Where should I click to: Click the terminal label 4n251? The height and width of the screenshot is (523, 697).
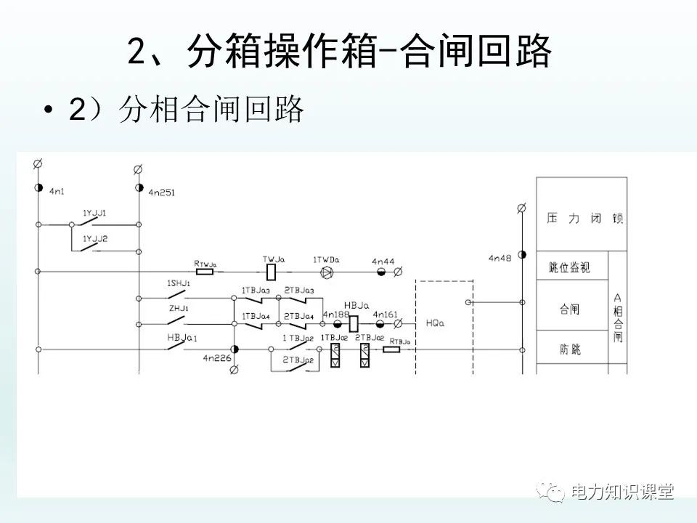pyautogui.click(x=161, y=193)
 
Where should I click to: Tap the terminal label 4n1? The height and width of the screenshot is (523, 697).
pyautogui.click(x=57, y=192)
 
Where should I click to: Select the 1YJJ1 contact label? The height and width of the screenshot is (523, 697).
pyautogui.click(x=94, y=213)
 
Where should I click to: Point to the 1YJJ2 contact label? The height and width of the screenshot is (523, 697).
pyautogui.click(x=94, y=239)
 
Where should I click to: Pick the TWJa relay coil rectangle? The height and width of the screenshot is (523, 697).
pyautogui.click(x=272, y=272)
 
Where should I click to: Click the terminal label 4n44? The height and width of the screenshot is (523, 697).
pyautogui.click(x=383, y=261)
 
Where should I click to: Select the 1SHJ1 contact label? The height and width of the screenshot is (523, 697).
pyautogui.click(x=179, y=283)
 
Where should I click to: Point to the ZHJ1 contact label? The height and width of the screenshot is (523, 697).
pyautogui.click(x=178, y=309)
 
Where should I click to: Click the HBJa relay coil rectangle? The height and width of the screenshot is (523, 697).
pyautogui.click(x=354, y=323)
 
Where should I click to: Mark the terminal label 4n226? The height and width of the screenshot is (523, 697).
pyautogui.click(x=216, y=358)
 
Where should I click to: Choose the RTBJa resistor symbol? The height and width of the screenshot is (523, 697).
pyautogui.click(x=391, y=349)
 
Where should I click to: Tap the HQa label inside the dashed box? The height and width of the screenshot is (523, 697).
pyautogui.click(x=434, y=323)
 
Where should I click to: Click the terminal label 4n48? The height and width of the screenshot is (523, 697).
pyautogui.click(x=500, y=258)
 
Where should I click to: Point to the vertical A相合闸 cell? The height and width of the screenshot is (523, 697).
pyautogui.click(x=618, y=317)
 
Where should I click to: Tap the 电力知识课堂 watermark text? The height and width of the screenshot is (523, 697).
pyautogui.click(x=622, y=492)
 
